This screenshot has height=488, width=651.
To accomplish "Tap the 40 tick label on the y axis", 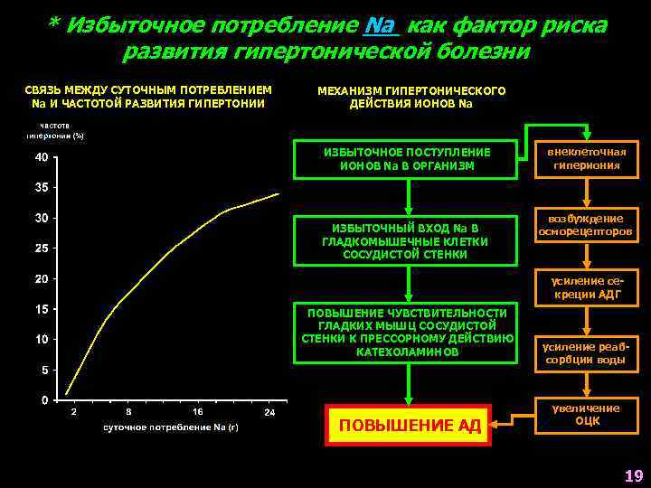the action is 42,158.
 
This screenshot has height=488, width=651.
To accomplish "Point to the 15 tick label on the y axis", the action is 42,309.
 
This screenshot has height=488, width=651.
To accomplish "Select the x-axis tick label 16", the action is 197,412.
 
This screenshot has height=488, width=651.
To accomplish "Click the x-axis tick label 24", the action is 269,412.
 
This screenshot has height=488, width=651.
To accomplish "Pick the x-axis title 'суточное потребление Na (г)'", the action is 170,426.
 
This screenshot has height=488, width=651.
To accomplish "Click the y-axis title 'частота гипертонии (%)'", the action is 54,131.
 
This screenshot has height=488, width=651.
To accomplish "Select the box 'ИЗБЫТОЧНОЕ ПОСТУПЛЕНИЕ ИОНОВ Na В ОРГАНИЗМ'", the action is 408,159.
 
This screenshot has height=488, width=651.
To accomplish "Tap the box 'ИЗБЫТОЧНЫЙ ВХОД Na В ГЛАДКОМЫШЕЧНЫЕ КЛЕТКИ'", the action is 408,240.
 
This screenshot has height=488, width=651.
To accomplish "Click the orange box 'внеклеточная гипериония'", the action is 587,158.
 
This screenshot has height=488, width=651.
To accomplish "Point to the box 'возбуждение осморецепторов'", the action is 587,225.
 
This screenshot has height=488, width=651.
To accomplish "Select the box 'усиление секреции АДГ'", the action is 587,288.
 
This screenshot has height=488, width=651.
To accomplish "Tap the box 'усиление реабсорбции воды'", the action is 587,353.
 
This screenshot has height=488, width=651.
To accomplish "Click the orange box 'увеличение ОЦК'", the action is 587,415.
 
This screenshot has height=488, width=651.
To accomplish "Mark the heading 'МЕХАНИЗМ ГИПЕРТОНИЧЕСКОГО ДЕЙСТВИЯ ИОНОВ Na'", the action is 411,97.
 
